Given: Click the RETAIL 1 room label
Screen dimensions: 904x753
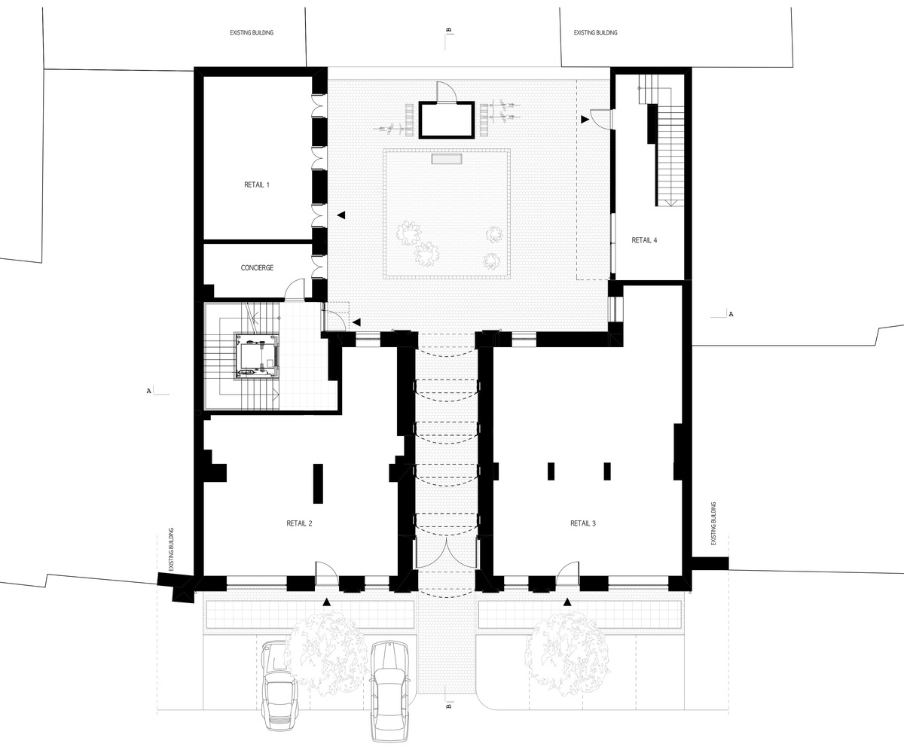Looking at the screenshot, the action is point(257,184).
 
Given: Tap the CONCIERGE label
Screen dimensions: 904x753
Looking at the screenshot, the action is point(257,268).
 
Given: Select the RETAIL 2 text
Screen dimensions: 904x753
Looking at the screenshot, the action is point(299,523).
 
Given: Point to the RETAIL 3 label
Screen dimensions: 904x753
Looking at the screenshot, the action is point(583,523).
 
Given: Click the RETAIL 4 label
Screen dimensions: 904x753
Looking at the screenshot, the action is point(644,240).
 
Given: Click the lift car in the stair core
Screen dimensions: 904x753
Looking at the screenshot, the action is point(256,356).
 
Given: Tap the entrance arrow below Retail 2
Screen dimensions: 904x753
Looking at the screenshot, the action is point(326,602).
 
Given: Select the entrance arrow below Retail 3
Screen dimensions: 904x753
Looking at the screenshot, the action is point(567,602).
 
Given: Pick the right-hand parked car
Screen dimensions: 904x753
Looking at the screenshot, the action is point(389,691).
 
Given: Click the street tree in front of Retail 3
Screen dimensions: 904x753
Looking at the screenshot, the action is point(567,658).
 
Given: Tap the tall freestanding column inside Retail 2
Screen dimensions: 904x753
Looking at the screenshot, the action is point(318,483).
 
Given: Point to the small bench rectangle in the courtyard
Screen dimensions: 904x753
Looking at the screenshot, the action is point(447,159).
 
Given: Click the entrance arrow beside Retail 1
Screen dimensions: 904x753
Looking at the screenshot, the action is point(341,215).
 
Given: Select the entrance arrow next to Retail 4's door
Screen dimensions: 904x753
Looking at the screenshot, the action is point(585,119).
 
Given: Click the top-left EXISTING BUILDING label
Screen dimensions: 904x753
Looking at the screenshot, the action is point(252,32).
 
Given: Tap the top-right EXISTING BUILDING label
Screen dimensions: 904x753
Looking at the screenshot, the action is point(596,32).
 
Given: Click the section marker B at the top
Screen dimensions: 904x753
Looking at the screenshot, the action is point(448,30).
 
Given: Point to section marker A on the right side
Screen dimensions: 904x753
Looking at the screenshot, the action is point(731,314).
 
